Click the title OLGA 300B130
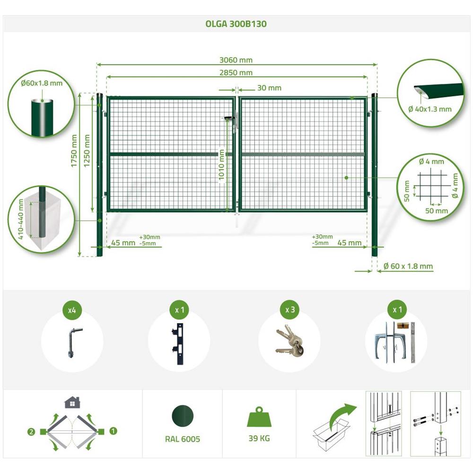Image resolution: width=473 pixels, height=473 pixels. (236, 24)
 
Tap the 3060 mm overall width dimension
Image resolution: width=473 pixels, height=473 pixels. (236, 60)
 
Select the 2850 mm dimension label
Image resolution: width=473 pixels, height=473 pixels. (236, 73)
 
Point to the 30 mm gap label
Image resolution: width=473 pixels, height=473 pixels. (269, 88)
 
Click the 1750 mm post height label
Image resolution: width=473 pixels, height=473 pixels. (74, 150)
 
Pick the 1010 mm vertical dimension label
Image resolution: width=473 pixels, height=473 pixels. (221, 165)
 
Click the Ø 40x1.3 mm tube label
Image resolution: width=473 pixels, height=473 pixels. (430, 109)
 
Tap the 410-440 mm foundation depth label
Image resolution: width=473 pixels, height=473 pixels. (20, 219)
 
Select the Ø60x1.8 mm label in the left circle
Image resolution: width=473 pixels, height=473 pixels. (42, 83)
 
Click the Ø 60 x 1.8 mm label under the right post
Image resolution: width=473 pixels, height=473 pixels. (408, 266)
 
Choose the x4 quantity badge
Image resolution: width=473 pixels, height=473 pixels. (72, 310)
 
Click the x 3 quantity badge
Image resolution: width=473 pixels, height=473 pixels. (290, 310)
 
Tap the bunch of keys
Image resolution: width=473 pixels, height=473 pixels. (289, 341)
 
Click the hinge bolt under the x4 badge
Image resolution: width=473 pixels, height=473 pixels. (72, 342)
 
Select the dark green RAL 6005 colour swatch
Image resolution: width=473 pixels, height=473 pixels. (183, 416)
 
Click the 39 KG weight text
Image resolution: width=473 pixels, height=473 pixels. (259, 438)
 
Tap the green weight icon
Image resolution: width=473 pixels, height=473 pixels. (259, 417)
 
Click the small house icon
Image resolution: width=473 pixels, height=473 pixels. (72, 403)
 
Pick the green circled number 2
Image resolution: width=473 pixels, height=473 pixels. (31, 432)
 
